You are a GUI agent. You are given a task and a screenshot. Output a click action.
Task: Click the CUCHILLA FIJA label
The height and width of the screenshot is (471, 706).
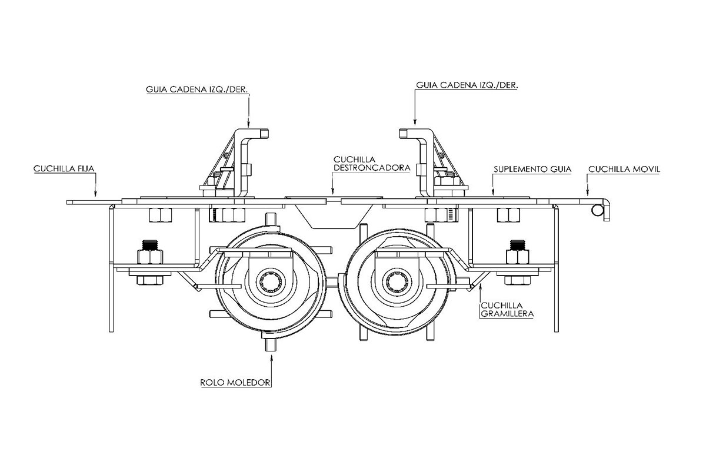(64, 169)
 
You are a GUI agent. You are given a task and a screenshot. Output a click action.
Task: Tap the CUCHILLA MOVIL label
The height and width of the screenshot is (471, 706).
(624, 170)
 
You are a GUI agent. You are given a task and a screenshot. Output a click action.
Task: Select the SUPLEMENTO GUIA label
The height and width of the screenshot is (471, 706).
(532, 170)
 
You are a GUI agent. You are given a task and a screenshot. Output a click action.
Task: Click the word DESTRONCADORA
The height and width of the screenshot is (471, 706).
(372, 168)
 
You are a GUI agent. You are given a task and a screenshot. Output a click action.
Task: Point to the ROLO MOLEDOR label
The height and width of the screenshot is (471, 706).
(235, 383)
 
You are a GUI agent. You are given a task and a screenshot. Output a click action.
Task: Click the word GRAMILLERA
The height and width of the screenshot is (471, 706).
(507, 314)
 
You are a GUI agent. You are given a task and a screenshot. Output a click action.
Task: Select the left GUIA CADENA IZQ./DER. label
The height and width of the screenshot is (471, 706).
(197, 89)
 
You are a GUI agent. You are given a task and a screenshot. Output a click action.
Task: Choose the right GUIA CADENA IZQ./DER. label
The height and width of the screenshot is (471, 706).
(467, 85)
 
